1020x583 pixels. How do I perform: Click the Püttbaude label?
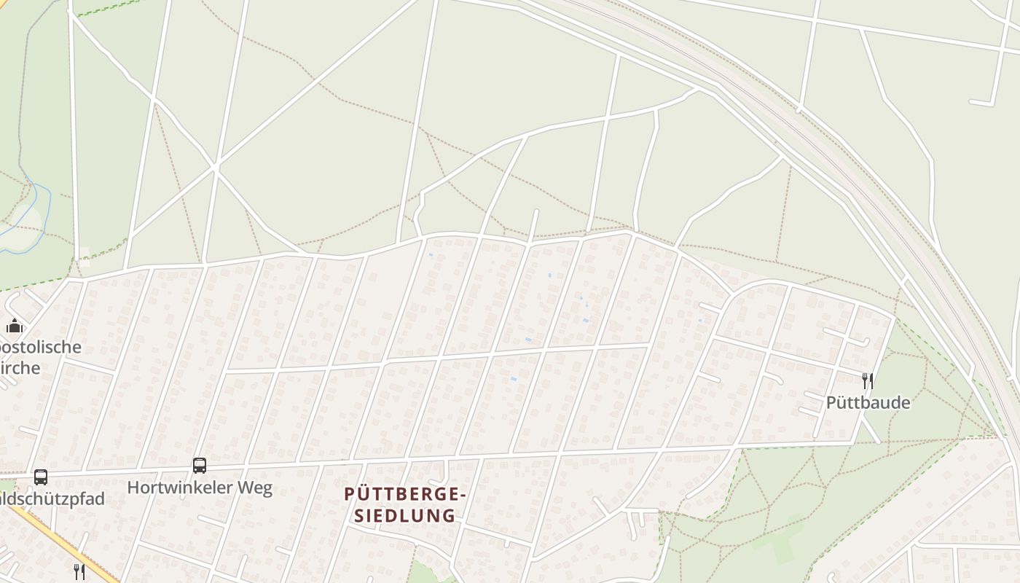(x=868, y=402)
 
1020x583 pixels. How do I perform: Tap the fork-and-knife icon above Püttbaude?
(x=867, y=380)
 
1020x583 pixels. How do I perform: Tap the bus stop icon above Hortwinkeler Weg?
(x=199, y=466)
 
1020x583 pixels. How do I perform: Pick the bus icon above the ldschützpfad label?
(x=41, y=477)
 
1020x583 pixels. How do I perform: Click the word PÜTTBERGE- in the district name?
(x=404, y=495)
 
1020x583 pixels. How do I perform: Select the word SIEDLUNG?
(x=404, y=516)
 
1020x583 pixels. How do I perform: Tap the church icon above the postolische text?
(x=15, y=326)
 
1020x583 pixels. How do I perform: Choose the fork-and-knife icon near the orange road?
(x=79, y=571)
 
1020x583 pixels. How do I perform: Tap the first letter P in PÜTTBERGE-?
(x=349, y=495)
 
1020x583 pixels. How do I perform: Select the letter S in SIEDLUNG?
(x=358, y=516)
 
